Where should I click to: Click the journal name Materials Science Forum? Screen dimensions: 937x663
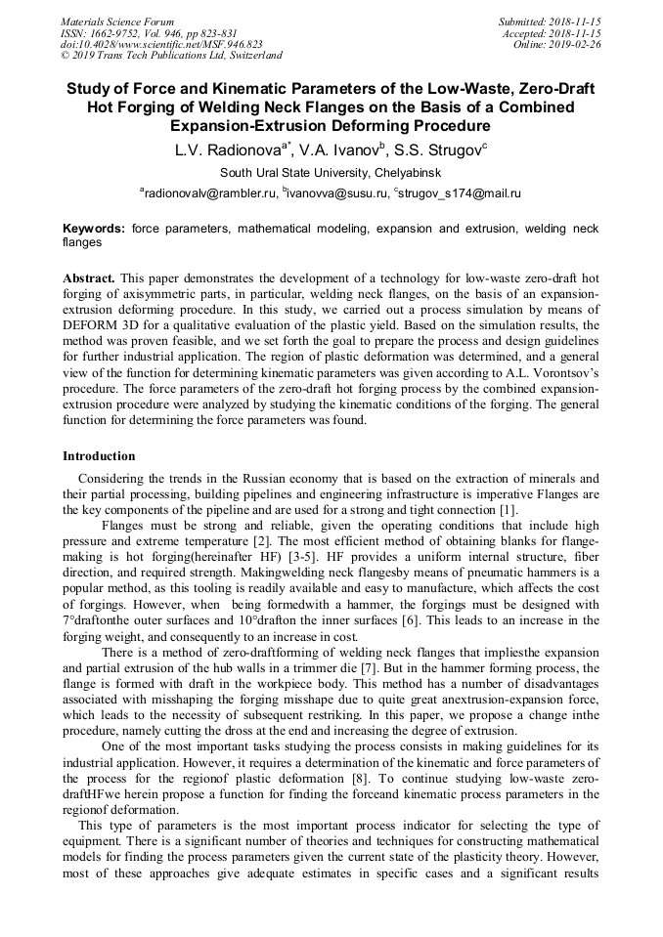click(117, 21)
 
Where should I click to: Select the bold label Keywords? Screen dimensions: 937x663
click(94, 228)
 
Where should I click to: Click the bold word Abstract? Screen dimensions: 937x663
click(89, 278)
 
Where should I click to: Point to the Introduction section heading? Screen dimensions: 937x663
click(99, 456)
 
